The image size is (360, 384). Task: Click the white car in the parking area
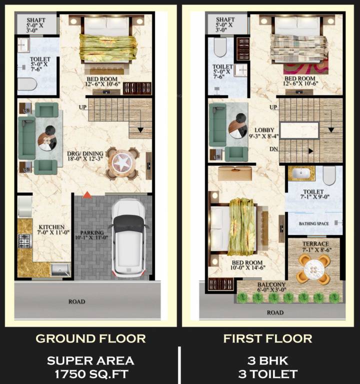pyautogui.click(x=129, y=238)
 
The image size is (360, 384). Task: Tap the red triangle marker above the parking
pyautogui.click(x=87, y=194)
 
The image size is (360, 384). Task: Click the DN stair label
pyautogui.click(x=273, y=149)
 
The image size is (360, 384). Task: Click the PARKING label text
pyautogui.click(x=92, y=233)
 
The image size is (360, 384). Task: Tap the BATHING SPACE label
pyautogui.click(x=313, y=223)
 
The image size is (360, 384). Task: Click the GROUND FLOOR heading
pyautogui.click(x=90, y=338)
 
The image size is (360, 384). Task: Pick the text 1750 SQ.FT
pyautogui.click(x=90, y=373)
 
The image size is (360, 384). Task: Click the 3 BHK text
pyautogui.click(x=267, y=360)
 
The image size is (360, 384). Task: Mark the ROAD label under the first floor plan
pyautogui.click(x=275, y=312)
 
